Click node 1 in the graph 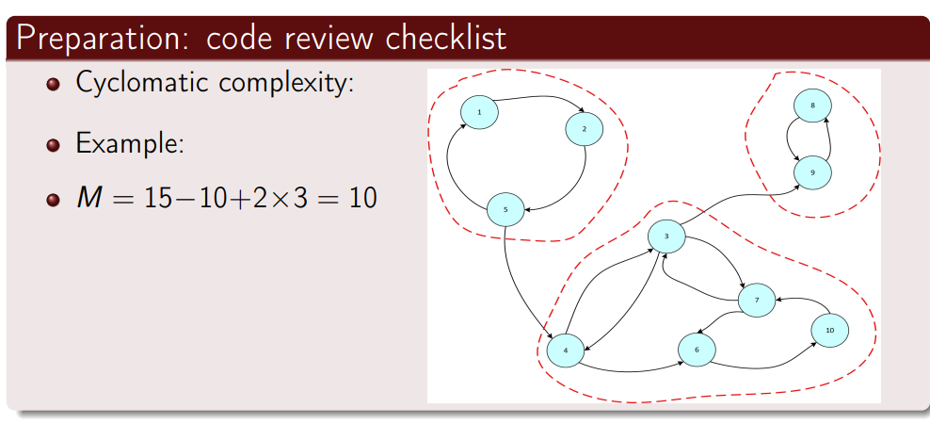pyautogui.click(x=479, y=113)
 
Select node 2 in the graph pyautogui.click(x=584, y=129)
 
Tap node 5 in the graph pyautogui.click(x=505, y=209)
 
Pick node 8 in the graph pyautogui.click(x=811, y=106)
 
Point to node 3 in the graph pyautogui.click(x=665, y=236)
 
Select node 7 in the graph pyautogui.click(x=756, y=301)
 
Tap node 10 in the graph pyautogui.click(x=828, y=330)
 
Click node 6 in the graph pyautogui.click(x=697, y=350)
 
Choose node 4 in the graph pyautogui.click(x=565, y=350)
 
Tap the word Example pyautogui.click(x=128, y=145)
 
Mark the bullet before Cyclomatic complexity pyautogui.click(x=54, y=84)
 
